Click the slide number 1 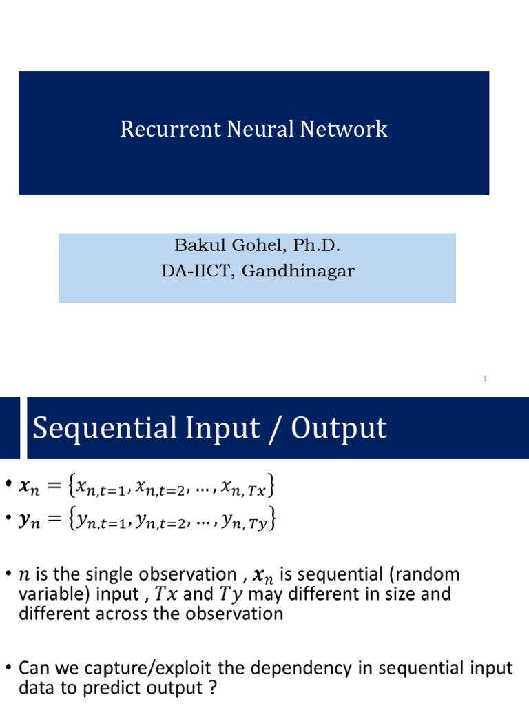pos(485,379)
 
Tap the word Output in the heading pos(339,428)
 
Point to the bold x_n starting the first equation pos(32,490)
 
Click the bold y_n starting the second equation pos(32,518)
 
